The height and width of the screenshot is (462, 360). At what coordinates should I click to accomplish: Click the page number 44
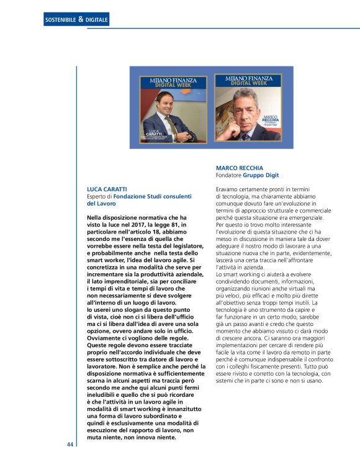70,445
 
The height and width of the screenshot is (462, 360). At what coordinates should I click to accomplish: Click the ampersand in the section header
81,20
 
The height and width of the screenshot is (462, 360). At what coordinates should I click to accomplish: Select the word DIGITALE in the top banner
96,20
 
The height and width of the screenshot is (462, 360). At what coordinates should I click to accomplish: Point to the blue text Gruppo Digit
261,176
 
